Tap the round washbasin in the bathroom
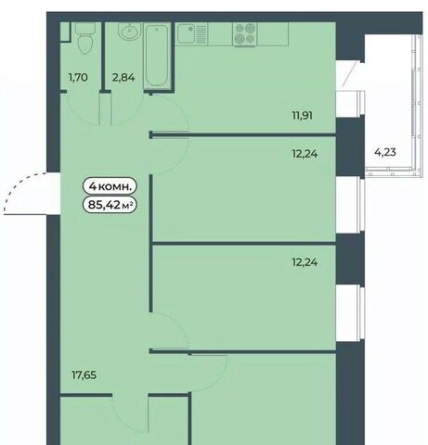(130, 32)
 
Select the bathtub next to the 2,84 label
(157, 57)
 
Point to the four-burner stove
(245, 34)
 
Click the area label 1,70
(78, 77)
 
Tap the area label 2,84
(123, 77)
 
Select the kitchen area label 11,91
(302, 116)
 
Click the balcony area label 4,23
(385, 152)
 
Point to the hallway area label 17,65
(84, 375)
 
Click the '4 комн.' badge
(110, 186)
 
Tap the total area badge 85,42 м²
(110, 204)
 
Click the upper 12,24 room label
(305, 154)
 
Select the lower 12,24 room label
(305, 262)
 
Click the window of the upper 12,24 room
(362, 205)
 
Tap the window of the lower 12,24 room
(362, 312)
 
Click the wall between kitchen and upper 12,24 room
(243, 134)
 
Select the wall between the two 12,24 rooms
(244, 244)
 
